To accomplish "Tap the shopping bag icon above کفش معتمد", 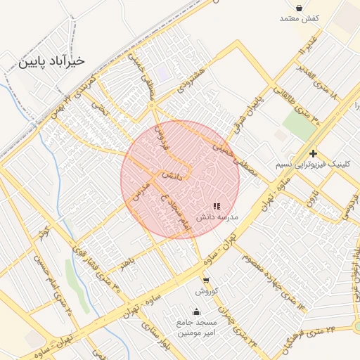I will click(x=300, y=8).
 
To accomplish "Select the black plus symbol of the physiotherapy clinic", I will click(x=313, y=153).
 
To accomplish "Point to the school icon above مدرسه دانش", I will click(x=217, y=207).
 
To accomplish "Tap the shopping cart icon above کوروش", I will click(x=205, y=280).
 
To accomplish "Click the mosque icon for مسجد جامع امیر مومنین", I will click(x=195, y=311).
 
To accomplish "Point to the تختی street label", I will click(x=103, y=109).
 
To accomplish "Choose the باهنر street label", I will click(x=127, y=264).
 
